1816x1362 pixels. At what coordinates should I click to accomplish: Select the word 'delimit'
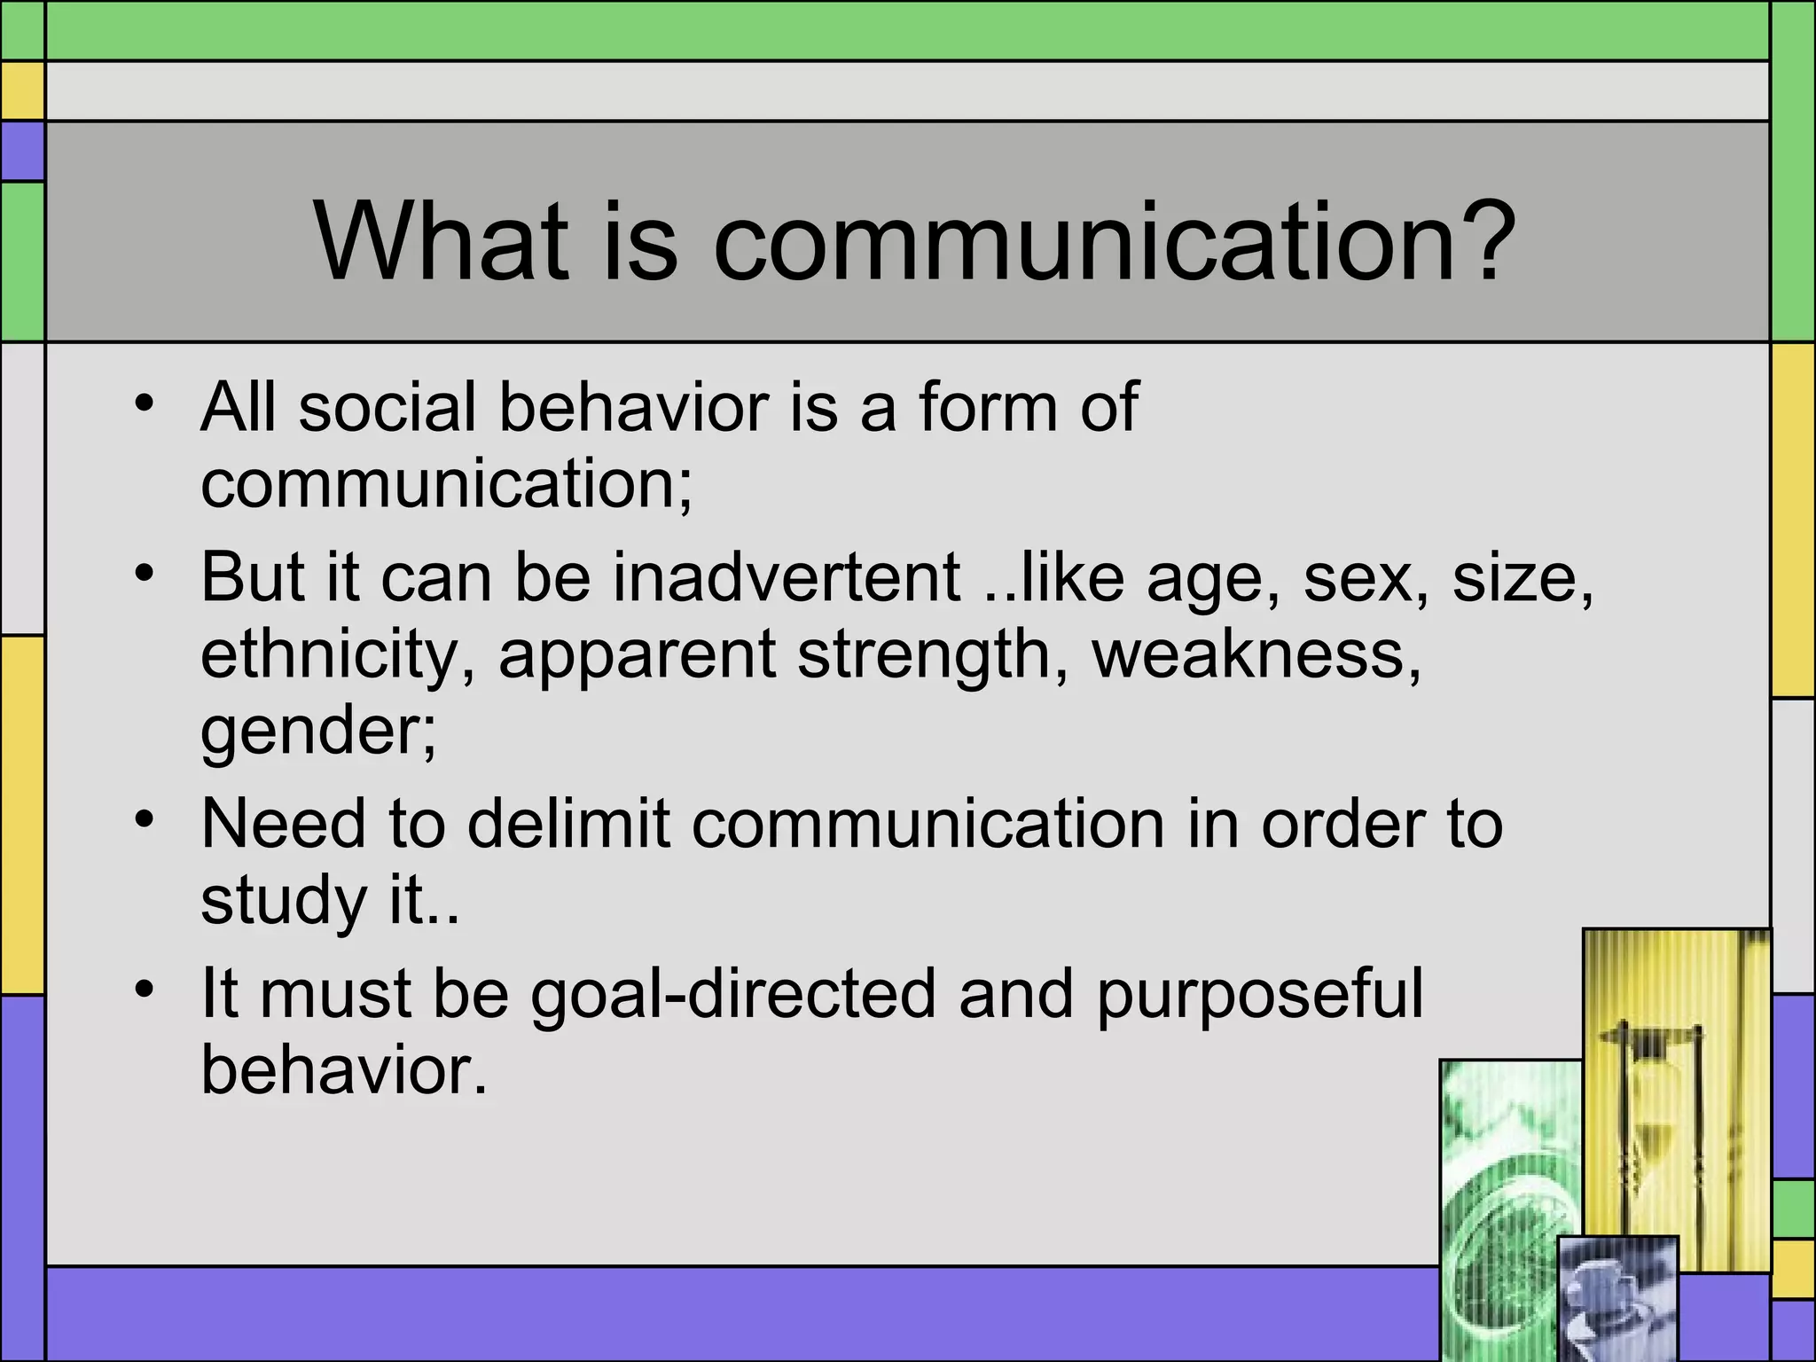(568, 824)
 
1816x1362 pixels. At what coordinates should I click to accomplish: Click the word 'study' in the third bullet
(283, 901)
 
